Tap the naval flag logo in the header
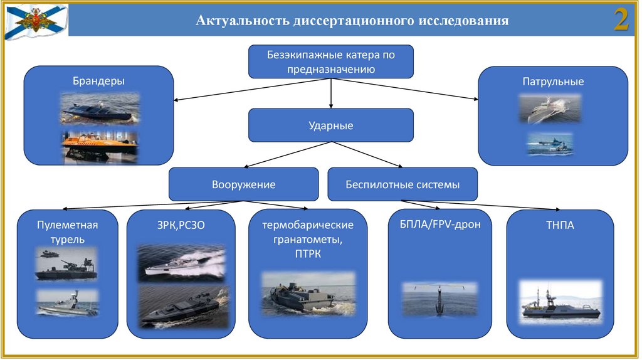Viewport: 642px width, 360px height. point(35,21)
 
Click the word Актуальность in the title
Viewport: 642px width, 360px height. point(241,21)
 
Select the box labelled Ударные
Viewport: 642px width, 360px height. point(331,125)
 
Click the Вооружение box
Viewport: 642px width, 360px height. point(244,184)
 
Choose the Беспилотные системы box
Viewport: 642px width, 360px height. point(403,184)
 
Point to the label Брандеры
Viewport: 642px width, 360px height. point(98,81)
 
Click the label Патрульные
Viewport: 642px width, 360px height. point(553,82)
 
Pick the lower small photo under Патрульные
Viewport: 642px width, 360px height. point(550,144)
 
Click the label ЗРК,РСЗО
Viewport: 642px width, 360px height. point(181,225)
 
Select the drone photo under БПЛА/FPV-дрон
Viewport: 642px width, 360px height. point(439,297)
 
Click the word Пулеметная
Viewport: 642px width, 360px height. point(68,225)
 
